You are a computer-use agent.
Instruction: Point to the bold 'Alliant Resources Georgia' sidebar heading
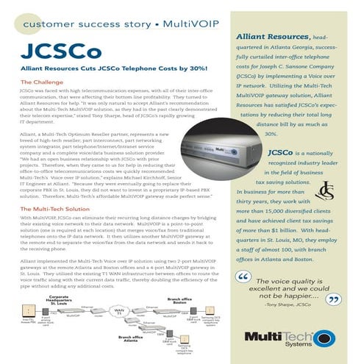pos(281,36)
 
